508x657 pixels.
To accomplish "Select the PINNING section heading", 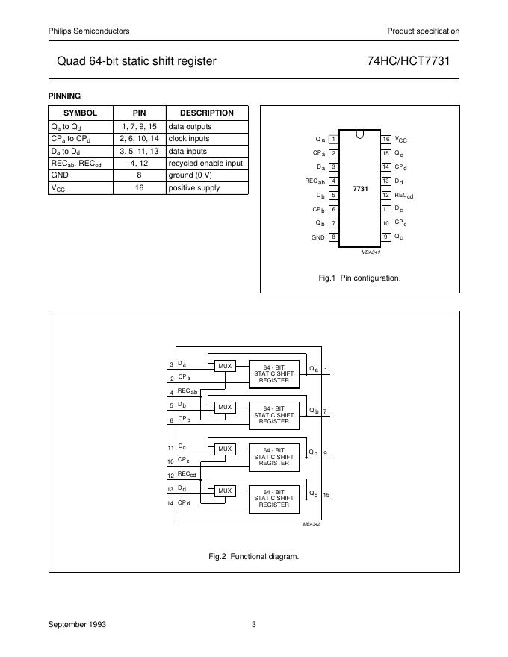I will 64,96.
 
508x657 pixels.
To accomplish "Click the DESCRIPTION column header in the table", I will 207,113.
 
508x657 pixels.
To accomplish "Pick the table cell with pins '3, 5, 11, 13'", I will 139,151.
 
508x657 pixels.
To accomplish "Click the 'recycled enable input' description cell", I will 205,163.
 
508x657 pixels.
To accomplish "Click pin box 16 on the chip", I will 385,140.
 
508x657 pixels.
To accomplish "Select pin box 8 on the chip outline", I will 332,237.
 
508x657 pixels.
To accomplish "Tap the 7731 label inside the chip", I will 359,190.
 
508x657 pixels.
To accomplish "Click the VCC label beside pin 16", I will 401,140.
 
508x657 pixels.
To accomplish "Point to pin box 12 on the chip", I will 385,195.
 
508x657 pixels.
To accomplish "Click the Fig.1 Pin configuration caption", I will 359,278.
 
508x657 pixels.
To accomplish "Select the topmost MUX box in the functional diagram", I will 224,365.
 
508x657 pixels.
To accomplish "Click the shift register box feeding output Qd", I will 273,498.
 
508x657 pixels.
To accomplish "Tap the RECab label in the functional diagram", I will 188,391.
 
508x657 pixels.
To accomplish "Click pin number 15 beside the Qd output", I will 326,496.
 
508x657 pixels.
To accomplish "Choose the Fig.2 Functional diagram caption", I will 253,556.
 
